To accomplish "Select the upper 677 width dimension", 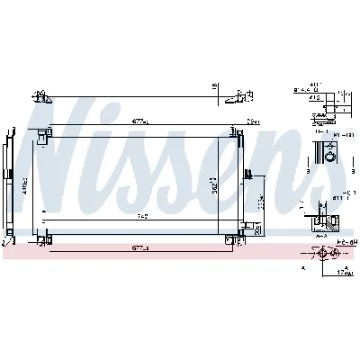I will pos(139,122).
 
